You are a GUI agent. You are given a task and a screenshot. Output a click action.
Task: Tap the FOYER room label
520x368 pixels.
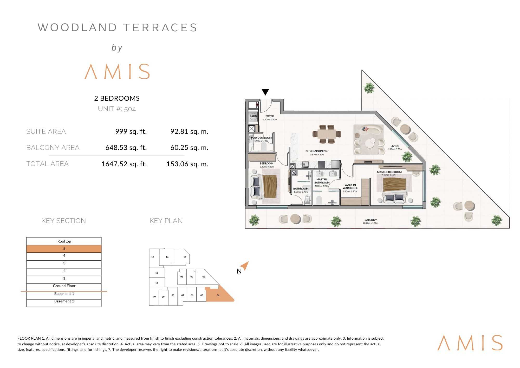coord(270,116)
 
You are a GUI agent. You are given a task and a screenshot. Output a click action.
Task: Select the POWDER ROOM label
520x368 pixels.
coord(261,138)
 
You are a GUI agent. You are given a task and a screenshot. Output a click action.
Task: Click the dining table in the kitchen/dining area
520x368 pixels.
coord(327,134)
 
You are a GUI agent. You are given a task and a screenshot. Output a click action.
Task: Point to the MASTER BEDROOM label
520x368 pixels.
coord(389,172)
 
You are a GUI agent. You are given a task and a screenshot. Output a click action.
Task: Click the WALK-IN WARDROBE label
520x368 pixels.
coord(350,186)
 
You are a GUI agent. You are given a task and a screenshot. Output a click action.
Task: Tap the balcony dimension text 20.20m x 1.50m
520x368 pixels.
coord(370,223)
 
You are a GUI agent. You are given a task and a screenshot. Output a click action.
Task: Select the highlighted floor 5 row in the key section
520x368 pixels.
coord(64,249)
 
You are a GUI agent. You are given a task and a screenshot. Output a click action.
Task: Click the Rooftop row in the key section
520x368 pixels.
coord(64,241)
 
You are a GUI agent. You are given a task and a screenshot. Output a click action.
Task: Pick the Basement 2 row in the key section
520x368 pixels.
coord(64,303)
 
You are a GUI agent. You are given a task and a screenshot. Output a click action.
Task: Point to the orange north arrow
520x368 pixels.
coord(245,266)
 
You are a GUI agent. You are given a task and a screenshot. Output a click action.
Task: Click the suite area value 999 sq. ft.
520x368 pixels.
coord(131,131)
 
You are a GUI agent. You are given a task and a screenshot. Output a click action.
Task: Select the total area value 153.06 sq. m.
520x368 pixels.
coord(187,164)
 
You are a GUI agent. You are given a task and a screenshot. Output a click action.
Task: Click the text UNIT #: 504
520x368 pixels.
coord(117,109)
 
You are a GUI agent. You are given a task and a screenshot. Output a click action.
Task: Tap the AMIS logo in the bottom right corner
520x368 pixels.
coord(470,343)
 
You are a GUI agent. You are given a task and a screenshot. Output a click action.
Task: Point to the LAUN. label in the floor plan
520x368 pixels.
coord(253,116)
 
